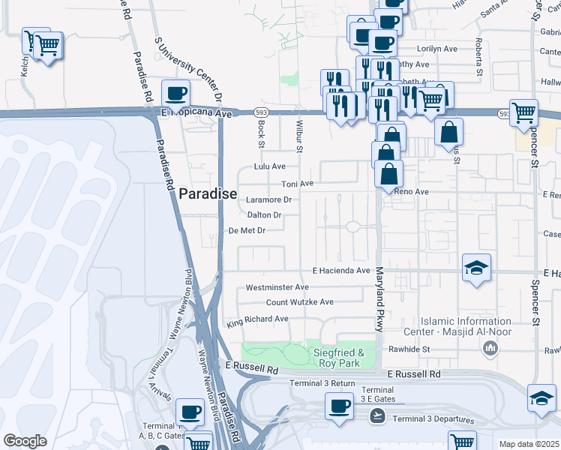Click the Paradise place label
(x=208, y=193)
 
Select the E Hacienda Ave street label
(x=342, y=270)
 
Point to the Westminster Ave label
(x=277, y=287)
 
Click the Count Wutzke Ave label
(x=300, y=302)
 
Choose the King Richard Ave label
(x=257, y=319)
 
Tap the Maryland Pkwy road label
(x=379, y=298)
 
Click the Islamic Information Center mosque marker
(x=491, y=348)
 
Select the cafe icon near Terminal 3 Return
(x=339, y=406)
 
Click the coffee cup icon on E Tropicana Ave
(x=175, y=94)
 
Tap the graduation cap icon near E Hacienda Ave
(x=476, y=268)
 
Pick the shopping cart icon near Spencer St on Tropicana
(x=523, y=112)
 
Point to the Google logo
(x=25, y=441)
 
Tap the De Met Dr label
(x=247, y=231)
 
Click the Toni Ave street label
(x=297, y=183)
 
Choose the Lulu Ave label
(x=270, y=166)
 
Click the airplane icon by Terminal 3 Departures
(x=377, y=418)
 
